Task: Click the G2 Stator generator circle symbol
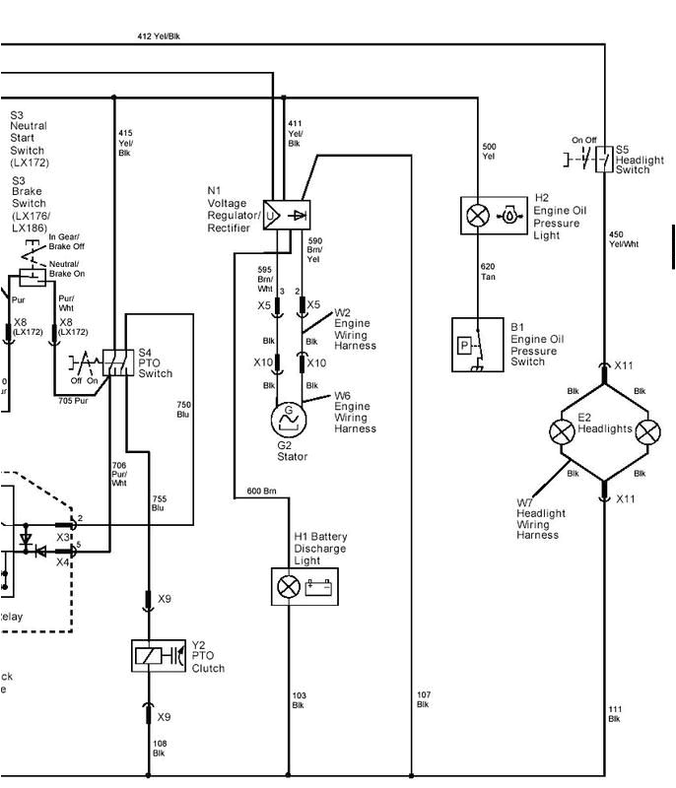pyautogui.click(x=290, y=418)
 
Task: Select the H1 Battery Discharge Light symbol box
pyautogui.click(x=304, y=587)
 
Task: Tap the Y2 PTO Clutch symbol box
pyautogui.click(x=159, y=656)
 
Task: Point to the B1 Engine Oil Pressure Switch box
pyautogui.click(x=477, y=345)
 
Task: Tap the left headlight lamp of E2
pyautogui.click(x=563, y=431)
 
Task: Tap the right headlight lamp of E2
pyautogui.click(x=647, y=431)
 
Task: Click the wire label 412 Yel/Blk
pyautogui.click(x=159, y=36)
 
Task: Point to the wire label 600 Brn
pyautogui.click(x=261, y=491)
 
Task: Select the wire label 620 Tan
pyautogui.click(x=489, y=271)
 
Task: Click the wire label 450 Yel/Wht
pyautogui.click(x=623, y=239)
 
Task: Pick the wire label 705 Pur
pyautogui.click(x=73, y=401)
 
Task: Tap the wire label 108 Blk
pyautogui.click(x=159, y=748)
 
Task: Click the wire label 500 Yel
pyautogui.click(x=489, y=152)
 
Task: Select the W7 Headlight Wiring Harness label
pyautogui.click(x=541, y=519)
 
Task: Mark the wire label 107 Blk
pyautogui.click(x=423, y=699)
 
